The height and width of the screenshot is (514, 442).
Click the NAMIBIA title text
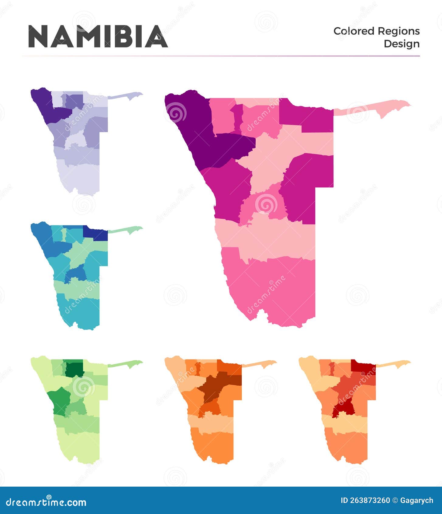pos(98,36)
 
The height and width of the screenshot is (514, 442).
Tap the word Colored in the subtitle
pos(354,31)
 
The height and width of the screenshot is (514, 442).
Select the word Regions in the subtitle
pos(399,31)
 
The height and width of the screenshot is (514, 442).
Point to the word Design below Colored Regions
pos(401,44)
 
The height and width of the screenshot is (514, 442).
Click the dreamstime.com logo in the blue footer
pos(46,502)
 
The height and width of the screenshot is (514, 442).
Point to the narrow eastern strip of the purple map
pos(125,96)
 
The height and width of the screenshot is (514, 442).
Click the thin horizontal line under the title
pos(221,56)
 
